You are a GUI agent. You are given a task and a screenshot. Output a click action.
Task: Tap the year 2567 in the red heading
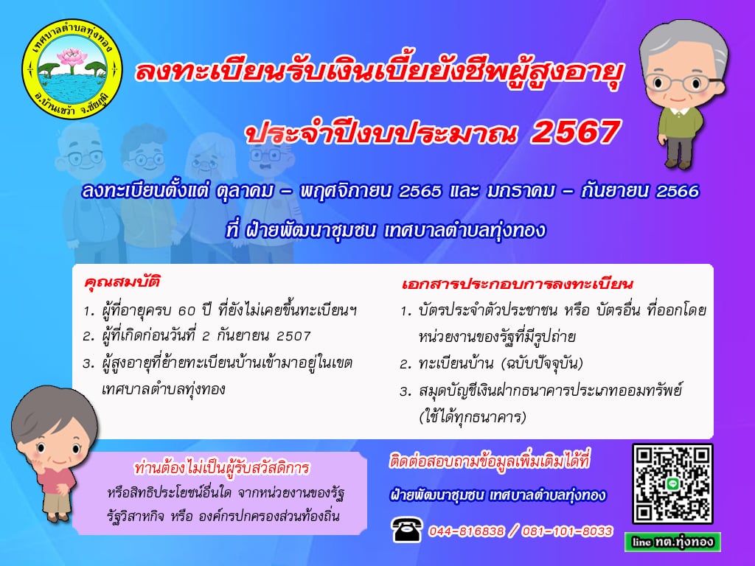[575, 132]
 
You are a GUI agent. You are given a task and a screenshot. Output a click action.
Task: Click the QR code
[672, 483]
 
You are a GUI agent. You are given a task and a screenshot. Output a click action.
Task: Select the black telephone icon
[407, 529]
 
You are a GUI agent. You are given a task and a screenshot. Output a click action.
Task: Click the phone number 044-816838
[466, 531]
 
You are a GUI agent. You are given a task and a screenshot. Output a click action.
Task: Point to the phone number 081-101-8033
[567, 531]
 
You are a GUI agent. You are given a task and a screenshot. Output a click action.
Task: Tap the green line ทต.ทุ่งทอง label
[672, 542]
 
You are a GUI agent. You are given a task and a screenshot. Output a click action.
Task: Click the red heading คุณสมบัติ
[122, 282]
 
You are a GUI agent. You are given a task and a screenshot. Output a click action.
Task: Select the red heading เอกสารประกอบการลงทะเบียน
[517, 284]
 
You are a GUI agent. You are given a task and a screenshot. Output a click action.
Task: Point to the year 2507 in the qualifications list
[293, 336]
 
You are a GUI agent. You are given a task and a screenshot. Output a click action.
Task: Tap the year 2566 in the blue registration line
[678, 192]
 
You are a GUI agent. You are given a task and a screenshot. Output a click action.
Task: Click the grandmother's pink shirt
[57, 482]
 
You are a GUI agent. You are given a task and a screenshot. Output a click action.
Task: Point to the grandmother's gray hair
[52, 411]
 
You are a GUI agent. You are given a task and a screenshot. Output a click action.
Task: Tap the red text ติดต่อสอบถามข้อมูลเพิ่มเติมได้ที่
[490, 461]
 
